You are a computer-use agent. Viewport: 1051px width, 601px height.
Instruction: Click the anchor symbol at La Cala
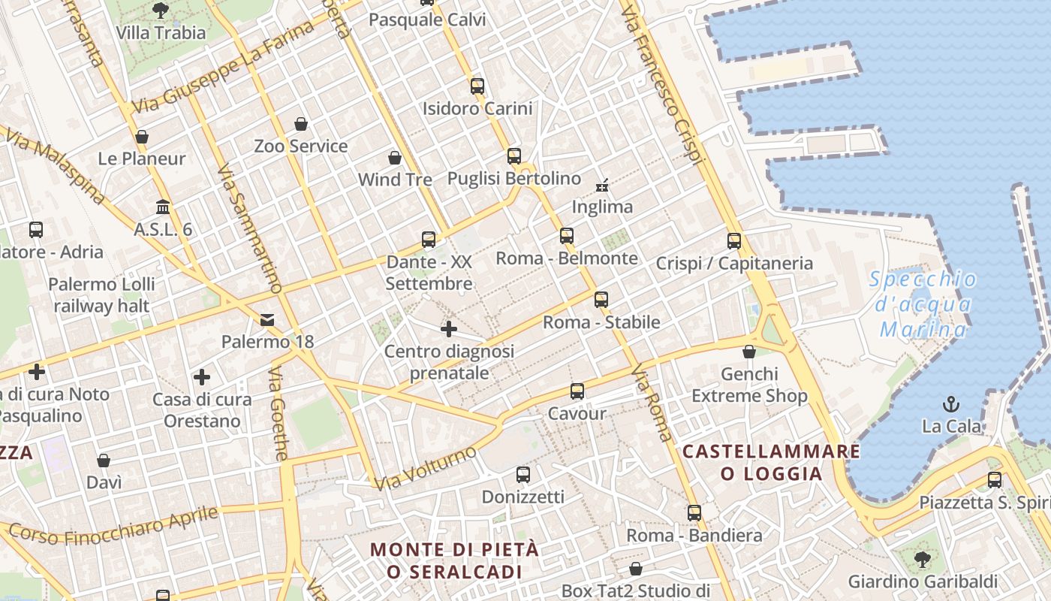click(x=951, y=403)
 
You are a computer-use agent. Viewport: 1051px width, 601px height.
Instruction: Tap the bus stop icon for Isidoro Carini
click(x=477, y=86)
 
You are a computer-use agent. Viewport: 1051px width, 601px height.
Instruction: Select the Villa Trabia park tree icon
click(x=160, y=10)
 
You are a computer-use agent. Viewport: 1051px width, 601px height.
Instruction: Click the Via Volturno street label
click(x=425, y=468)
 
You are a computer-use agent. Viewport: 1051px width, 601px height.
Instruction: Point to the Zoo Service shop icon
click(x=301, y=123)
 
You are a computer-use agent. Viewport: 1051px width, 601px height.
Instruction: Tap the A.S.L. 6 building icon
click(x=163, y=207)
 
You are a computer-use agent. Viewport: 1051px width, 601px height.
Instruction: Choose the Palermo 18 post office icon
click(x=267, y=320)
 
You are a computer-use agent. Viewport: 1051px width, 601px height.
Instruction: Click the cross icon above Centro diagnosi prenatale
click(x=449, y=328)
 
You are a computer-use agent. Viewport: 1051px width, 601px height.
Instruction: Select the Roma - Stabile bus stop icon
click(x=601, y=300)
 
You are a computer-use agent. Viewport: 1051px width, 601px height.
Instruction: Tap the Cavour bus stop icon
click(x=577, y=391)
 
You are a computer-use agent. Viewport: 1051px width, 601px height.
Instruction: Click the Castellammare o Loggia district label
click(x=772, y=462)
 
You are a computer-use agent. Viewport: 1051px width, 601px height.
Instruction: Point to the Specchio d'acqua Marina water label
click(x=923, y=304)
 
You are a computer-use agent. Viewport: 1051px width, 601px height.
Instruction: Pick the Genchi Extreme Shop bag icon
click(x=748, y=351)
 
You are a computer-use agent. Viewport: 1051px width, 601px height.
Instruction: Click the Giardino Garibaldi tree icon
click(x=923, y=559)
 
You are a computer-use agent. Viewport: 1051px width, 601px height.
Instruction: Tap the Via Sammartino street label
click(x=249, y=229)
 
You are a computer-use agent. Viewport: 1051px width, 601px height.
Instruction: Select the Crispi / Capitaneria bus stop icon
click(x=734, y=241)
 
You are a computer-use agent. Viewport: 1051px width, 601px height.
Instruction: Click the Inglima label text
click(x=602, y=207)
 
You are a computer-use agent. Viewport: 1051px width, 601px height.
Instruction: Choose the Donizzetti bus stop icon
click(x=523, y=475)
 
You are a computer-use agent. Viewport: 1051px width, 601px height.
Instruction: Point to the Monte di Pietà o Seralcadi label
click(x=455, y=560)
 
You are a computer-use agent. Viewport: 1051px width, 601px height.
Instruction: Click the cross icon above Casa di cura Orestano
click(x=202, y=376)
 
